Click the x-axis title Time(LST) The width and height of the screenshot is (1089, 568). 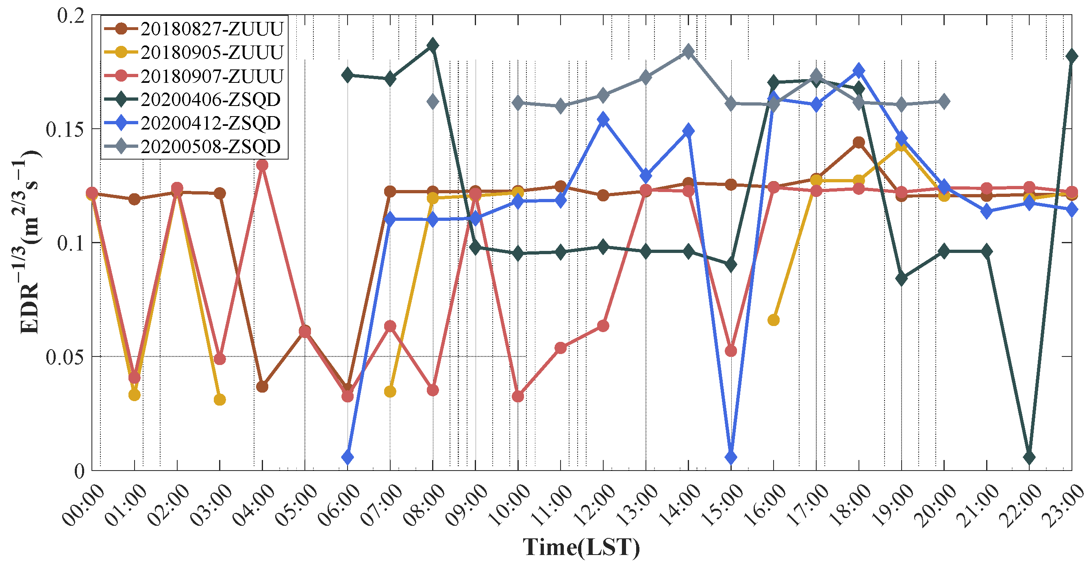[x=581, y=547]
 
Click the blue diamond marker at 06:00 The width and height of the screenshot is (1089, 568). [x=348, y=457]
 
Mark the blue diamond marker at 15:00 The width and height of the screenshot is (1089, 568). [x=731, y=457]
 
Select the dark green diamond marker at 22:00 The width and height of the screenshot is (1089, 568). [x=1029, y=457]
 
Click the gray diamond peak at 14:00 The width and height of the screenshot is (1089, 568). [x=688, y=52]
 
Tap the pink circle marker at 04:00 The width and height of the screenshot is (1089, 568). [x=262, y=165]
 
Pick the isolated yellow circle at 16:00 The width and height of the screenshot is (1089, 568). [x=773, y=320]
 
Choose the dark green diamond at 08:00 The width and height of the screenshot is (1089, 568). [x=433, y=45]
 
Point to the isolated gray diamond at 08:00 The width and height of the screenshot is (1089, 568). [x=433, y=102]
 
